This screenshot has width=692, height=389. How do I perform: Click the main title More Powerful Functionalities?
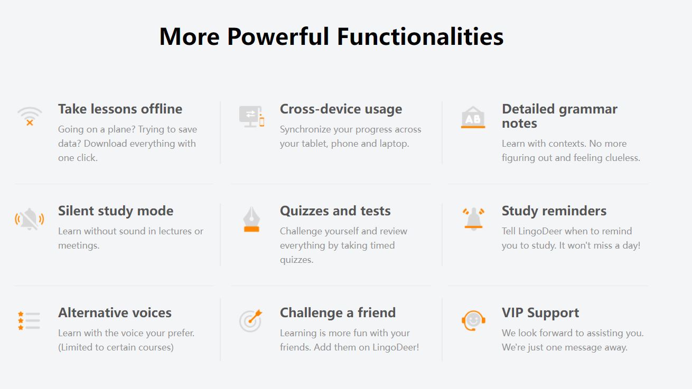[331, 36]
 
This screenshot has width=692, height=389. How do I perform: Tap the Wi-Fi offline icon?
[30, 117]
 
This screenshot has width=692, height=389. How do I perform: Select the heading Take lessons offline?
[120, 109]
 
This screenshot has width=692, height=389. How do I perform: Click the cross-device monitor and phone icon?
[251, 117]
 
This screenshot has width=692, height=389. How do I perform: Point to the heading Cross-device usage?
[341, 109]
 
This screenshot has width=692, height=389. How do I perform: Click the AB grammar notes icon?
[473, 117]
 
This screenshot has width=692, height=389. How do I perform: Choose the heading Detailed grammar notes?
[559, 116]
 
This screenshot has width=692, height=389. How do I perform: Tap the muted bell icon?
[30, 219]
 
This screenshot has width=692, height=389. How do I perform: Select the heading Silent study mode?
[116, 211]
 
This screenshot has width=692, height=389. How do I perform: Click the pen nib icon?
[251, 219]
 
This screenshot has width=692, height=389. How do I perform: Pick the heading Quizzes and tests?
[335, 211]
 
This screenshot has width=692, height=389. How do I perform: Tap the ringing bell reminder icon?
[473, 219]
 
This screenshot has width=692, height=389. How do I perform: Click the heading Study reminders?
[554, 211]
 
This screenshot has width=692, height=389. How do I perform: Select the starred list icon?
[29, 320]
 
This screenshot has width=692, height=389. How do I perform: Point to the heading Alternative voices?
[115, 313]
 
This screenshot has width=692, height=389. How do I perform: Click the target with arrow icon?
[250, 321]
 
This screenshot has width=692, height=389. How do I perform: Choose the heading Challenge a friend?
[338, 313]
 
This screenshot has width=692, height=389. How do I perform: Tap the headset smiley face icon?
[473, 321]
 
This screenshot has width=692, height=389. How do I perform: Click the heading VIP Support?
[540, 313]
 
